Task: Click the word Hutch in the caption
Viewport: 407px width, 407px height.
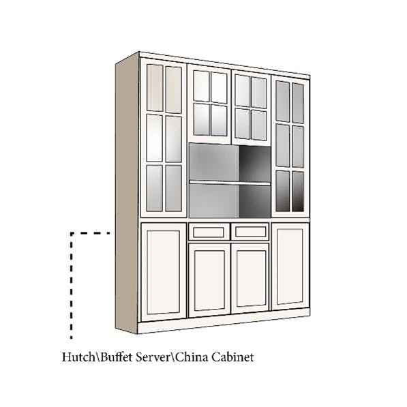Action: click(78, 357)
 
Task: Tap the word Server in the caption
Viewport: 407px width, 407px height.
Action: click(153, 357)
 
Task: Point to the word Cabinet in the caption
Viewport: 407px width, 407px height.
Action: click(232, 357)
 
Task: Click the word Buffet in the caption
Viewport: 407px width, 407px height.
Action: click(117, 357)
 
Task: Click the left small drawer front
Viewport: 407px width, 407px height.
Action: click(209, 232)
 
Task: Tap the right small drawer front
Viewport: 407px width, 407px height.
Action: click(250, 231)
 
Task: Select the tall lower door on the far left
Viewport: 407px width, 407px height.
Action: click(164, 272)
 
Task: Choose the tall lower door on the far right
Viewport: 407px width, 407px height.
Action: click(290, 267)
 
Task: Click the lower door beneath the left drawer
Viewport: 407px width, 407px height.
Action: click(209, 280)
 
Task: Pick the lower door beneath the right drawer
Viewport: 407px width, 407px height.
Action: click(250, 278)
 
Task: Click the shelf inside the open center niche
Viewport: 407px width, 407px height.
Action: click(230, 183)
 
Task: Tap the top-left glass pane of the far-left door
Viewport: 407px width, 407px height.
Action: click(155, 88)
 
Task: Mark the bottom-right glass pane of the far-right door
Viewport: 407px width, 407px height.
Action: click(298, 192)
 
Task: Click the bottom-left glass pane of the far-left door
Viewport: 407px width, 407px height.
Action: click(155, 188)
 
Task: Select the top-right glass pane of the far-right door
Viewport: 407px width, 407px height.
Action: click(298, 103)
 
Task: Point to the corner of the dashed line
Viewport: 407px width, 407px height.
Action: click(72, 233)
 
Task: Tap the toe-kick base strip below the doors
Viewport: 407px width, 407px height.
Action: click(223, 321)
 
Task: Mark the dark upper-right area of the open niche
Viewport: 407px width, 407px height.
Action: click(255, 164)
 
